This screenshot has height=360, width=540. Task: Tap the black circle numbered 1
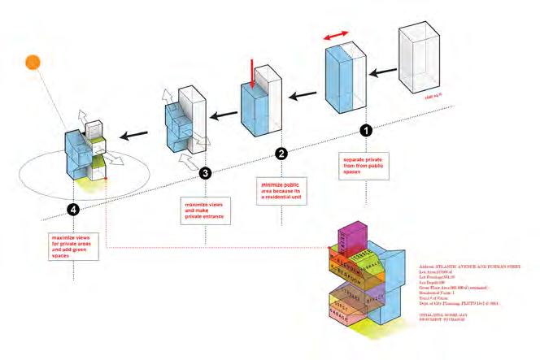[365, 129]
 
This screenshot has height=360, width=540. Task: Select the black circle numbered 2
[281, 153]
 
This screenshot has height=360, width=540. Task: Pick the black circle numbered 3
[205, 173]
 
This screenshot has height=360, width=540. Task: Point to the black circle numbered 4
[74, 210]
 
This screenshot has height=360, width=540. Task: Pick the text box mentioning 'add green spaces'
[73, 245]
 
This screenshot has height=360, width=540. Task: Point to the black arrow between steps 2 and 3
[218, 114]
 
